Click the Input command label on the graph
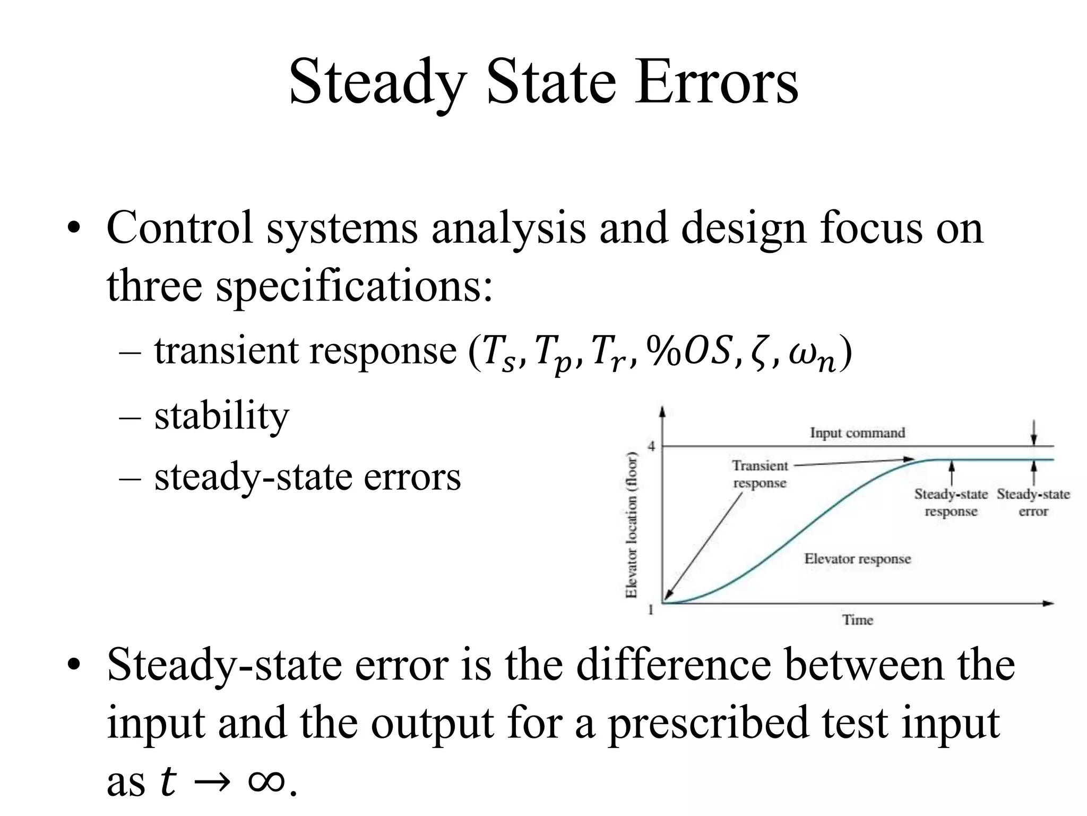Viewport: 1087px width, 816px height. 857,433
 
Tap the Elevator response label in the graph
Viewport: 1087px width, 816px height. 857,559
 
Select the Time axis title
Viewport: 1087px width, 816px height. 858,620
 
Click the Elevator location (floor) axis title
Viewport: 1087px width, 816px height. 632,525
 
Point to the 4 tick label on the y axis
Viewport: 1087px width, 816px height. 651,446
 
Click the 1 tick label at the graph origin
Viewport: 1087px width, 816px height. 651,610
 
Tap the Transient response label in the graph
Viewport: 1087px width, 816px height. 760,474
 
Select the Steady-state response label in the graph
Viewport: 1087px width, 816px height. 951,503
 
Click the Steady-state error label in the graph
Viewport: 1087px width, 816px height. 1033,503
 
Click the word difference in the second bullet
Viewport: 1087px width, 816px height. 674,665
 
